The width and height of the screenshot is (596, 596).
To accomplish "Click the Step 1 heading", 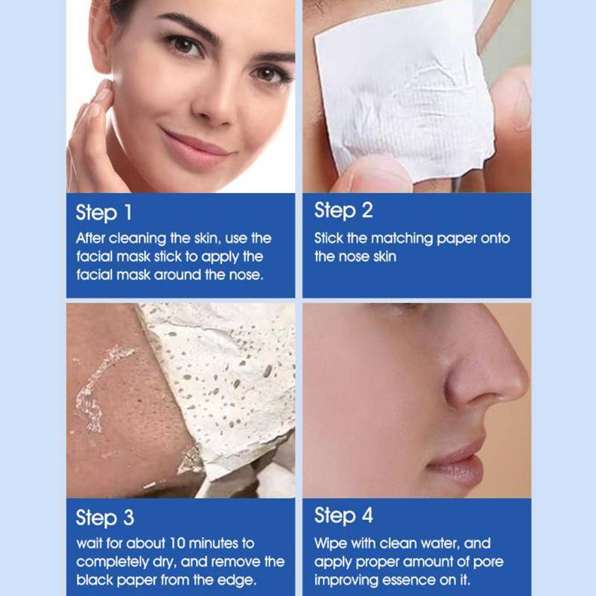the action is (x=104, y=212).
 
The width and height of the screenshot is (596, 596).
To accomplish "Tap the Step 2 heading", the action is (x=343, y=210).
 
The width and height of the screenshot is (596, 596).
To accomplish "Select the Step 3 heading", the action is (x=105, y=518).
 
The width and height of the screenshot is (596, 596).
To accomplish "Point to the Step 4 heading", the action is (x=343, y=516).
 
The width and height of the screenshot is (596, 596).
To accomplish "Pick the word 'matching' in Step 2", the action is (x=402, y=238).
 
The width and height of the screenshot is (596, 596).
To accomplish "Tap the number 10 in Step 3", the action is (x=177, y=544).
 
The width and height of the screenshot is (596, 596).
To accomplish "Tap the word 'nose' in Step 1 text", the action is (x=246, y=275).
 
